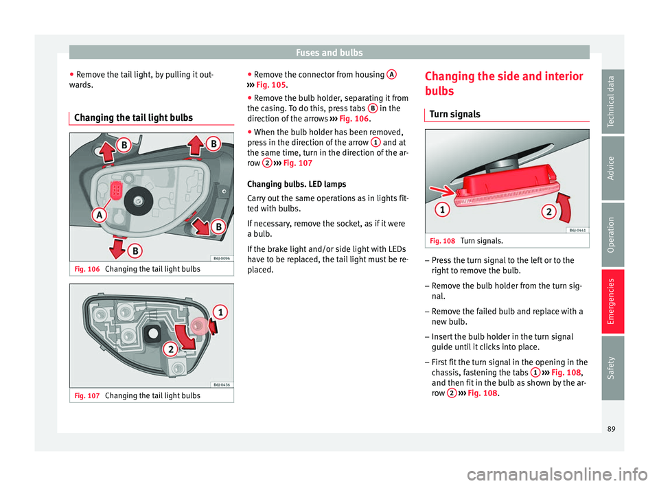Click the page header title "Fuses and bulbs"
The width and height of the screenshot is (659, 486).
329,51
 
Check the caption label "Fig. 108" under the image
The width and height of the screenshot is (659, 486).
438,241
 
